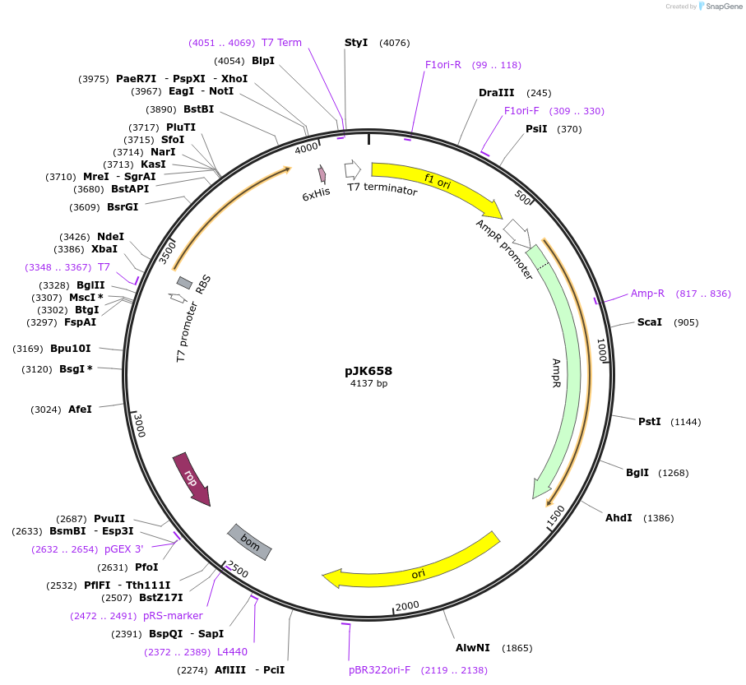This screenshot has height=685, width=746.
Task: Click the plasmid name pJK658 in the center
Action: click(x=368, y=371)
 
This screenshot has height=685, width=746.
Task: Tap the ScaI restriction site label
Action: click(x=649, y=322)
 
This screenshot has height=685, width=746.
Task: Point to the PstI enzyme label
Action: click(x=649, y=422)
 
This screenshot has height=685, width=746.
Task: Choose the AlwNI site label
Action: click(x=473, y=648)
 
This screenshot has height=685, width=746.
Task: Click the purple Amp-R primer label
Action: click(x=647, y=294)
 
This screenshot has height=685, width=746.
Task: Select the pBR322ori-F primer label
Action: click(x=379, y=670)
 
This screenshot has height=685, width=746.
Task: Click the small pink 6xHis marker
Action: click(x=322, y=174)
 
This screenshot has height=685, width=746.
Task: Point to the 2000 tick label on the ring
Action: click(x=407, y=606)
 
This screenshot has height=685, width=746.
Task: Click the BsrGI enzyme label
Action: click(x=123, y=207)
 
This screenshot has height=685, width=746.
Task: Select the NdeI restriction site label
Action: click(x=111, y=237)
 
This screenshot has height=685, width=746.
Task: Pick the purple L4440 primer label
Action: click(x=232, y=652)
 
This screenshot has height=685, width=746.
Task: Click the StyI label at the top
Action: click(x=356, y=43)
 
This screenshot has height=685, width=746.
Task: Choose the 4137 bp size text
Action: click(x=368, y=383)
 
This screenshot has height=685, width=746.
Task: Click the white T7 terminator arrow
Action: click(x=352, y=169)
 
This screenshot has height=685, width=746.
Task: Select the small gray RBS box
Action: click(x=184, y=283)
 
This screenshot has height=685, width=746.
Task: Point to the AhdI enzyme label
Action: click(x=619, y=518)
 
